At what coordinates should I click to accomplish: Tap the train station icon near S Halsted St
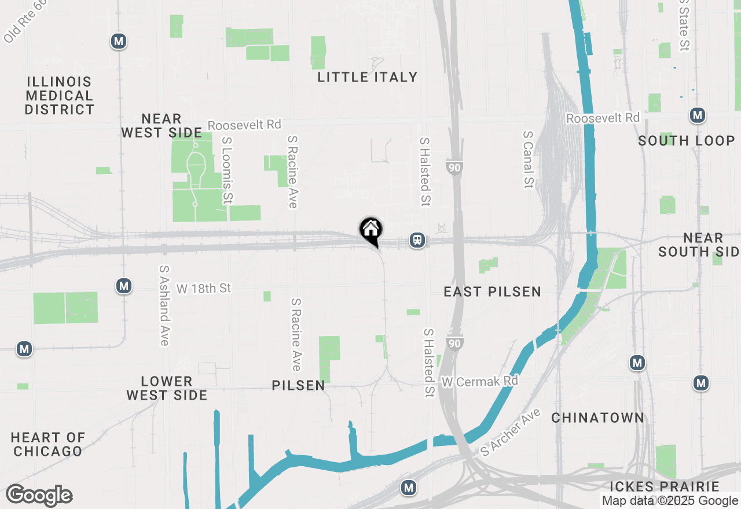[x=416, y=240]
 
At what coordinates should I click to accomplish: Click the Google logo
[x=39, y=496]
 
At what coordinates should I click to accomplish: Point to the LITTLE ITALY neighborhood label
[x=368, y=77]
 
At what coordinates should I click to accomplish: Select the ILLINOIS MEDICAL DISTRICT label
[x=59, y=95]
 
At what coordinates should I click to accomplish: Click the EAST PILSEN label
[x=492, y=292]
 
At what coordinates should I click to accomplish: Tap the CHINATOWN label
[x=597, y=418]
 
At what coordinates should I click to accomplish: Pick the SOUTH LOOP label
[x=687, y=141]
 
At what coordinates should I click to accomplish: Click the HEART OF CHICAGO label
[x=47, y=444]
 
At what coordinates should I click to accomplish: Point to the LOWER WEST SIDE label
[x=167, y=388]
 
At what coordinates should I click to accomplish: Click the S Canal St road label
[x=528, y=159]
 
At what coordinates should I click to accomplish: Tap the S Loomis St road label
[x=227, y=170]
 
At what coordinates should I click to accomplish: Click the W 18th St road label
[x=204, y=288]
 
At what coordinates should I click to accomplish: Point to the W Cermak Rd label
[x=480, y=382]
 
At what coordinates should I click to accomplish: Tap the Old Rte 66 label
[x=24, y=22]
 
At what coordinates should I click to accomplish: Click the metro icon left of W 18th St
[x=123, y=286]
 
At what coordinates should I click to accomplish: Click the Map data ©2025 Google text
[x=670, y=501]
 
